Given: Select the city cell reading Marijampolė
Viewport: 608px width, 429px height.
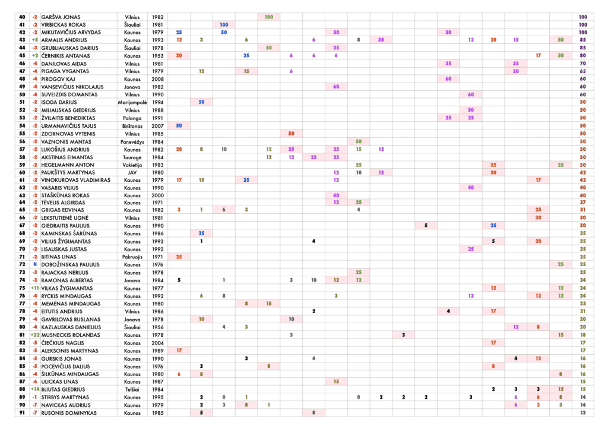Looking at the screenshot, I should point(132,102).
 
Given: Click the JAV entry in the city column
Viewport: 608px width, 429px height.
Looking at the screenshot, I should point(132,172).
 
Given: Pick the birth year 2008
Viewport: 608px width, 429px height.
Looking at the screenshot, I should point(157,79).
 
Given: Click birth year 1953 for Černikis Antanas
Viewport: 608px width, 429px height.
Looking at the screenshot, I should point(157,56).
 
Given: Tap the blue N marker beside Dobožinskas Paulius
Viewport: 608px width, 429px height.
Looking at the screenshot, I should point(35,264).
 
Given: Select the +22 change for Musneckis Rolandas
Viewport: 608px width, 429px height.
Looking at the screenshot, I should point(35,335).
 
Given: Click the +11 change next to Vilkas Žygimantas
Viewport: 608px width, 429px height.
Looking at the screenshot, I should point(35,288).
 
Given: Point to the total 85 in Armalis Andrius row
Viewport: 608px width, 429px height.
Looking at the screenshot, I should point(582,40).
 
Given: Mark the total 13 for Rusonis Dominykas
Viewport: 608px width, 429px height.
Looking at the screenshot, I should point(582,412).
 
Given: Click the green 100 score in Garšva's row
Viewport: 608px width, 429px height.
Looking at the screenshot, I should point(269,17).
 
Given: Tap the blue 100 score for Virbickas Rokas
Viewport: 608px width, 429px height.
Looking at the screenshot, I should point(224,25).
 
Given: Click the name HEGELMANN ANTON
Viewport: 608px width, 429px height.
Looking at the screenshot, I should point(68,165).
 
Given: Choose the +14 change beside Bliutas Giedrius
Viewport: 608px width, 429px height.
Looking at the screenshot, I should point(35,389).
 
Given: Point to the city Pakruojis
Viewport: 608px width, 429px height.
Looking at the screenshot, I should point(132,257).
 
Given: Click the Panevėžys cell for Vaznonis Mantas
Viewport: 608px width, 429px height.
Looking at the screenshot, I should point(132,141).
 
